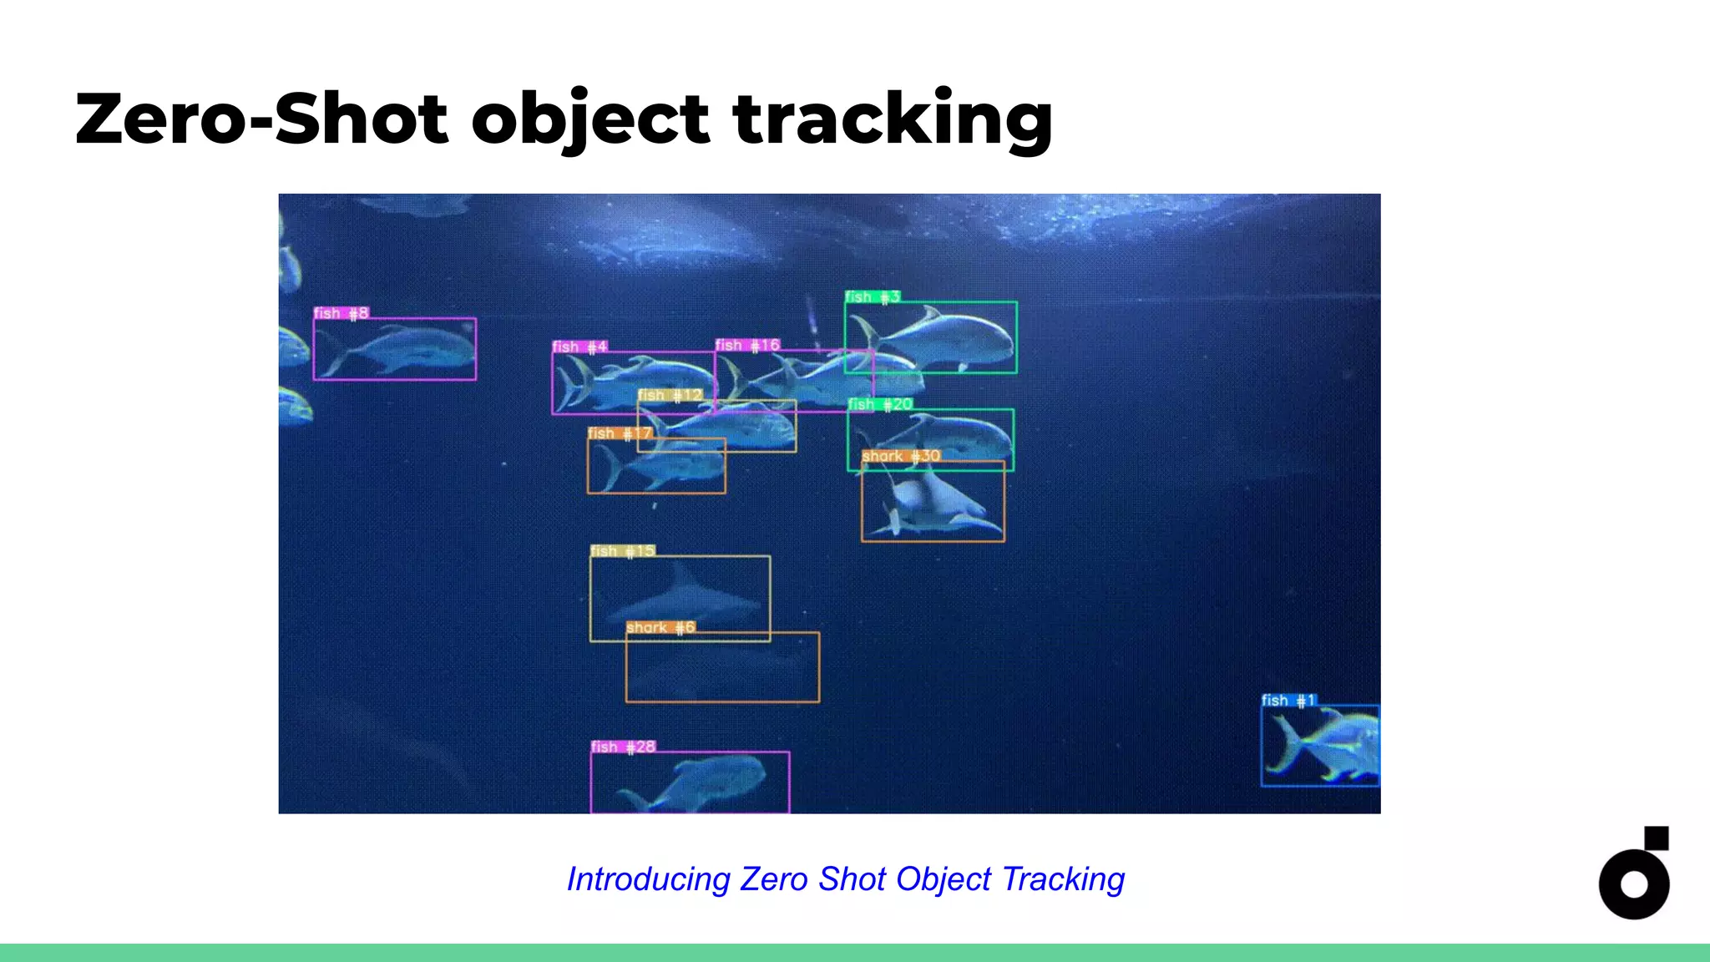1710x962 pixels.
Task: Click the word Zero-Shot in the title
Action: pyautogui.click(x=262, y=119)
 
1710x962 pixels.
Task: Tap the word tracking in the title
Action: pyautogui.click(x=893, y=119)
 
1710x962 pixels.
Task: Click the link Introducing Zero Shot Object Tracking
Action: pyautogui.click(x=845, y=878)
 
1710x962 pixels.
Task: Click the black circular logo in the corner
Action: pyautogui.click(x=1634, y=875)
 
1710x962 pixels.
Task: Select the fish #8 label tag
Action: pyautogui.click(x=341, y=313)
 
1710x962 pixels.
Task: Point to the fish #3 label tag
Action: pyautogui.click(x=872, y=296)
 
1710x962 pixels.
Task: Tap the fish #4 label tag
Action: pyautogui.click(x=579, y=347)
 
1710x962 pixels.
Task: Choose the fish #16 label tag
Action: pyautogui.click(x=747, y=345)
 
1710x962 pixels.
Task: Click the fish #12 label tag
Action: pyautogui.click(x=670, y=395)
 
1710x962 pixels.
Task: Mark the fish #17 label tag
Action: pyautogui.click(x=619, y=433)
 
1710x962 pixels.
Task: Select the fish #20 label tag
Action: pyautogui.click(x=880, y=404)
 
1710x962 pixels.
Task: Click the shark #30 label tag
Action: pyautogui.click(x=901, y=456)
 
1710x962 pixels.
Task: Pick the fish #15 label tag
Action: pyautogui.click(x=623, y=551)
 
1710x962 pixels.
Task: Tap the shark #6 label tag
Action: pyautogui.click(x=660, y=627)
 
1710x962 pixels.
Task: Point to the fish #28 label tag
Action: pyautogui.click(x=623, y=747)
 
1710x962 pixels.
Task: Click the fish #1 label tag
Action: pyautogui.click(x=1288, y=700)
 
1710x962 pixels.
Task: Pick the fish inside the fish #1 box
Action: pyautogui.click(x=1323, y=746)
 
